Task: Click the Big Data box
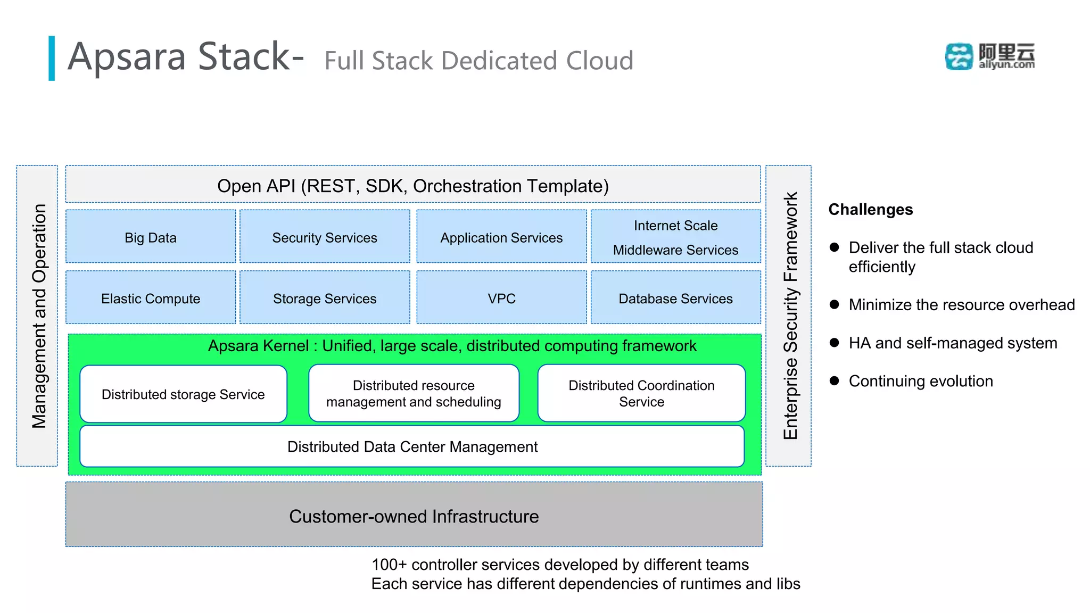pyautogui.click(x=151, y=237)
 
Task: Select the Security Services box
pyautogui.click(x=325, y=237)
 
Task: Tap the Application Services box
pyautogui.click(x=501, y=237)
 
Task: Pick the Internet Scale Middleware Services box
pyautogui.click(x=675, y=237)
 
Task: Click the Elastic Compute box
pyautogui.click(x=151, y=298)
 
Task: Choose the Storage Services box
pyautogui.click(x=325, y=298)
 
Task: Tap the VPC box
pyautogui.click(x=501, y=298)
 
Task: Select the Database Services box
pyautogui.click(x=675, y=298)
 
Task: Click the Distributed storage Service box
pyautogui.click(x=183, y=394)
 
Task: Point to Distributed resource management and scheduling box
pyautogui.click(x=414, y=394)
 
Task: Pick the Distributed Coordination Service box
pyautogui.click(x=641, y=394)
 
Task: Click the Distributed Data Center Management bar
pyautogui.click(x=412, y=446)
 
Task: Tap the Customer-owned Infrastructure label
pyautogui.click(x=414, y=516)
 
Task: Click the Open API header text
pyautogui.click(x=412, y=186)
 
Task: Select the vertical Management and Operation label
pyautogui.click(x=39, y=316)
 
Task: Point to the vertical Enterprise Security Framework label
pyautogui.click(x=790, y=316)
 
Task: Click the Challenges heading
pyautogui.click(x=870, y=209)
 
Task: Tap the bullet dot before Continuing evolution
pyautogui.click(x=834, y=380)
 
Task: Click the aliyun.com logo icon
pyautogui.click(x=958, y=56)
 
